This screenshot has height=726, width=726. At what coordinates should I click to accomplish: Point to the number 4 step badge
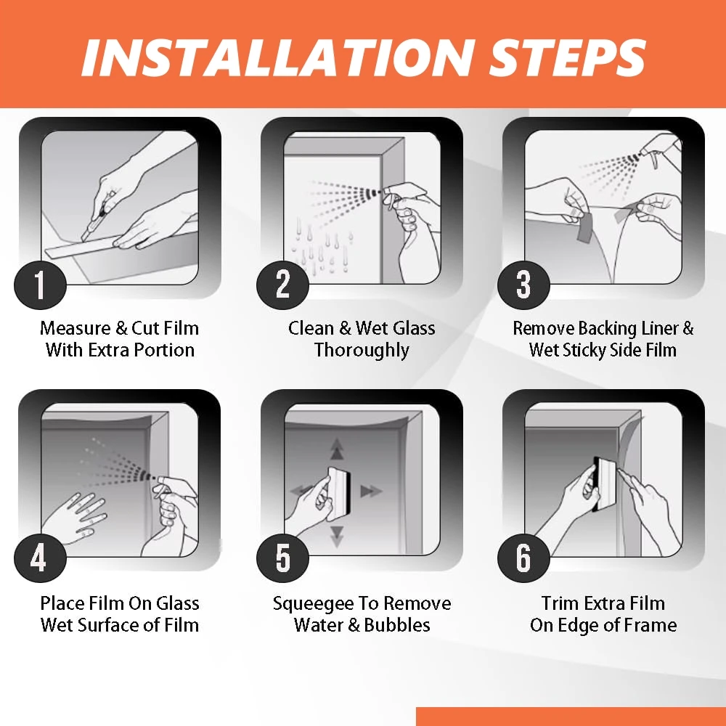click(x=40, y=557)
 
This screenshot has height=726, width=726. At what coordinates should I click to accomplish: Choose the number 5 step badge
click(x=282, y=557)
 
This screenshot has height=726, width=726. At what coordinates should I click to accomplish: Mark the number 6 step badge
click(x=523, y=557)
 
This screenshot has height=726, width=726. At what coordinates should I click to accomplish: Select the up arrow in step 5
click(x=337, y=449)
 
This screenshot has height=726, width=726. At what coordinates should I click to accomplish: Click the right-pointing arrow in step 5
click(x=371, y=491)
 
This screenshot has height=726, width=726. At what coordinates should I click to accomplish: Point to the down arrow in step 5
click(x=337, y=537)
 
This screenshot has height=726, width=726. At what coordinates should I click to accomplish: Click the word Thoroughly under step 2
click(x=362, y=350)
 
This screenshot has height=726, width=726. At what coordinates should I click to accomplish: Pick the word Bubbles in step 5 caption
click(x=397, y=625)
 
